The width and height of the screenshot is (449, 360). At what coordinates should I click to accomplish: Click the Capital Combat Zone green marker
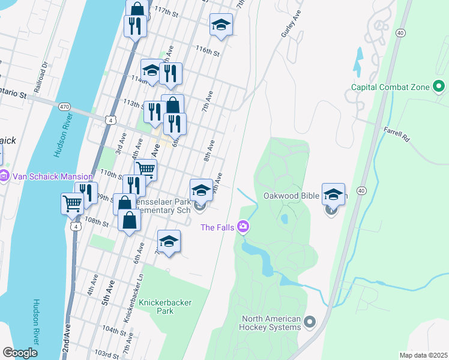tap(439, 88)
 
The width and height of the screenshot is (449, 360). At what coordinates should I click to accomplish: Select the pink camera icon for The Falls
tap(243, 227)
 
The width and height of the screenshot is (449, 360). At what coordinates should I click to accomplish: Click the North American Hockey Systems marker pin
tap(310, 322)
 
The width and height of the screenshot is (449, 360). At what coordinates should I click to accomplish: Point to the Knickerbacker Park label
tap(164, 307)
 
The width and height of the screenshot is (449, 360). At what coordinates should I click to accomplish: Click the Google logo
tap(20, 353)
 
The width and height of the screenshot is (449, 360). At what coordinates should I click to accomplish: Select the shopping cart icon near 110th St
tap(145, 169)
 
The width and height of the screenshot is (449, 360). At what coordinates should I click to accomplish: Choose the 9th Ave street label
tap(219, 182)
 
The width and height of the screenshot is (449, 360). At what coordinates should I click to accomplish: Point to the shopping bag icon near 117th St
tap(137, 8)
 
